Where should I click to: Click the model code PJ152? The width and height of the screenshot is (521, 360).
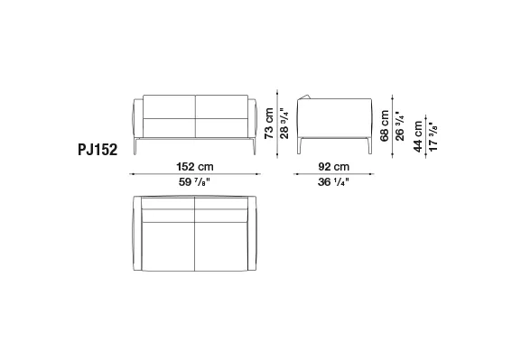point(98,150)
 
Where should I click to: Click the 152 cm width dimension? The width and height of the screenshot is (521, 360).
point(195,166)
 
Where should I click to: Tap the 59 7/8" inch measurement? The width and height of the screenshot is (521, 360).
point(194,182)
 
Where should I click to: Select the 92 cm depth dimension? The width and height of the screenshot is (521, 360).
point(333,166)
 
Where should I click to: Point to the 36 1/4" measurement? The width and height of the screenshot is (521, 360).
point(333,182)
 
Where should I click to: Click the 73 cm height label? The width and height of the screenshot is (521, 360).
point(269,124)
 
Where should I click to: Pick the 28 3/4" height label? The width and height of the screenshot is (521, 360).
point(284,124)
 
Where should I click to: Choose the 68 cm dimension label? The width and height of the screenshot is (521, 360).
point(385,126)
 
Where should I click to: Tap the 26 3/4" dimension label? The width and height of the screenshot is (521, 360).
point(400,126)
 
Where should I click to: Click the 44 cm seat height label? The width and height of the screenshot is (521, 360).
point(418,136)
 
